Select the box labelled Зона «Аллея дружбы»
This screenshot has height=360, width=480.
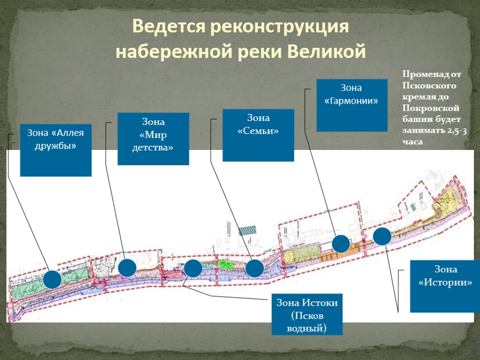tap(55, 150)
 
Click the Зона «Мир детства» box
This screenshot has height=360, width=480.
tap(153, 139)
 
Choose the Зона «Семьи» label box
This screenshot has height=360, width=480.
tap(258, 135)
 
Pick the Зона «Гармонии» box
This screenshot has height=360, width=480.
tap(352, 105)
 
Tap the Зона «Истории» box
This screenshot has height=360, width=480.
tap(445, 286)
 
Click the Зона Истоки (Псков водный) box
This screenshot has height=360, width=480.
tap(307, 314)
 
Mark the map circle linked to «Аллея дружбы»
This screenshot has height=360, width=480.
tap(52, 279)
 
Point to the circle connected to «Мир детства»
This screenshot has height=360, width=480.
tap(127, 268)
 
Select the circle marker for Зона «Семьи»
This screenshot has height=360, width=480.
tap(255, 269)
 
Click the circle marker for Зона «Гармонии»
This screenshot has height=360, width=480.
tap(341, 244)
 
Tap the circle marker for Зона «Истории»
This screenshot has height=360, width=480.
tap(382, 236)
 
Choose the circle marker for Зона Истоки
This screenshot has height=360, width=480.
tap(193, 268)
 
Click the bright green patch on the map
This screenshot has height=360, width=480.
tap(226, 264)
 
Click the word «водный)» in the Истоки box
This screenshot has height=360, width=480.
tap(307, 327)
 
